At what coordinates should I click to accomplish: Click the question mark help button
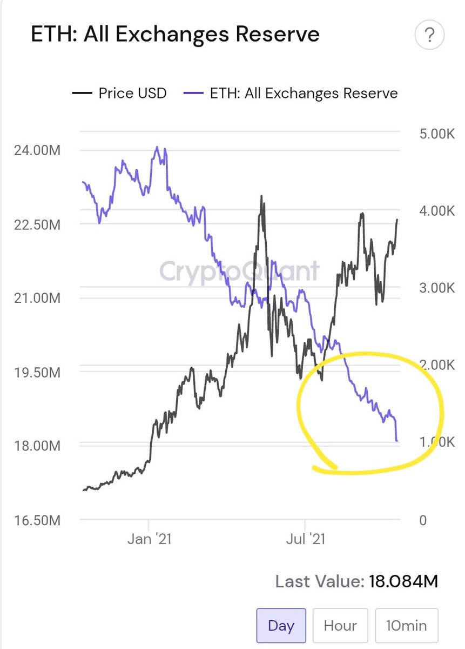pos(429,35)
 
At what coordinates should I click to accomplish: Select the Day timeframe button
pos(281,626)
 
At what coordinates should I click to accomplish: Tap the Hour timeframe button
pos(340,626)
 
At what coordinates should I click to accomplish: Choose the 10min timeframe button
pos(407,626)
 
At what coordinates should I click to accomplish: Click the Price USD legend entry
pos(119,93)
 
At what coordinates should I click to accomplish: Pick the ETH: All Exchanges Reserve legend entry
pos(291,93)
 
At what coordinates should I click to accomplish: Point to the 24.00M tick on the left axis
pos(37,151)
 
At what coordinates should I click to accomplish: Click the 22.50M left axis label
pos(37,225)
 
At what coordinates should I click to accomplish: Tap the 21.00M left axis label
pos(37,298)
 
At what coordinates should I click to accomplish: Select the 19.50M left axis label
pos(37,373)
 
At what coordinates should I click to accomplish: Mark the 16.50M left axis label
pos(37,520)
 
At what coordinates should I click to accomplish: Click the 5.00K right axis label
pos(437,134)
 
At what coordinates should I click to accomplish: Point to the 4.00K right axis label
pos(437,211)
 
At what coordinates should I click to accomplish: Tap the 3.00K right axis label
pos(437,288)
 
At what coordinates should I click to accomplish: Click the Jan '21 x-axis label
pos(149,539)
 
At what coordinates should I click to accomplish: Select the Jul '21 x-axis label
pos(306,539)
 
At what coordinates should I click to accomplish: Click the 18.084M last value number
pos(403,581)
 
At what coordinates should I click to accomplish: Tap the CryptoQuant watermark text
pos(239,271)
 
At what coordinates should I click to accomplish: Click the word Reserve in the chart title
pos(278,34)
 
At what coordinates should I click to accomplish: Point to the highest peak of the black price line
pos(261,196)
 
